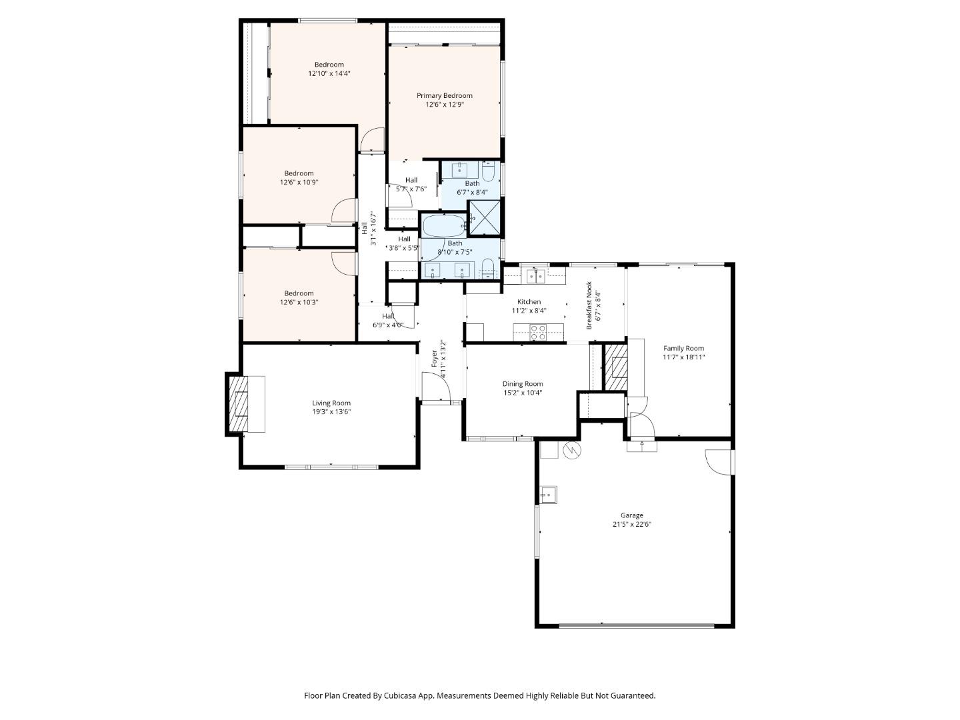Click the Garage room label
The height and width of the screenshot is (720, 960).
(631, 515)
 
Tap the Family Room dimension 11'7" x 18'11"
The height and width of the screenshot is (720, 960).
(683, 357)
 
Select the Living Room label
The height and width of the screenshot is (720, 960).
(331, 403)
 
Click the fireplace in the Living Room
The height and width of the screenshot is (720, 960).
(238, 404)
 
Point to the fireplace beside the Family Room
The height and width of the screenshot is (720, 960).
(617, 367)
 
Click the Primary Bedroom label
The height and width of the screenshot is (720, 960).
(444, 95)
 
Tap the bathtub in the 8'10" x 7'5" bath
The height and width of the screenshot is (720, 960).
(444, 225)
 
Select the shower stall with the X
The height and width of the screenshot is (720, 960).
(485, 217)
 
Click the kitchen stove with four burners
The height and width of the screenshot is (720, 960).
(537, 332)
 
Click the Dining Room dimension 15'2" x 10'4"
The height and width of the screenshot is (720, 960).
(523, 393)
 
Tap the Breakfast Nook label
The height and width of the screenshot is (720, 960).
(589, 305)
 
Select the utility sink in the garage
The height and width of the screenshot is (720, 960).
(549, 495)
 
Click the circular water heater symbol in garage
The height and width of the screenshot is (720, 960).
(572, 451)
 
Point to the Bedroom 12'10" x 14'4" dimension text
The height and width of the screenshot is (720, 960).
(329, 74)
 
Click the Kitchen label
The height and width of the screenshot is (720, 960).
(529, 302)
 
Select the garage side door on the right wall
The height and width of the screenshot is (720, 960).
(720, 462)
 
